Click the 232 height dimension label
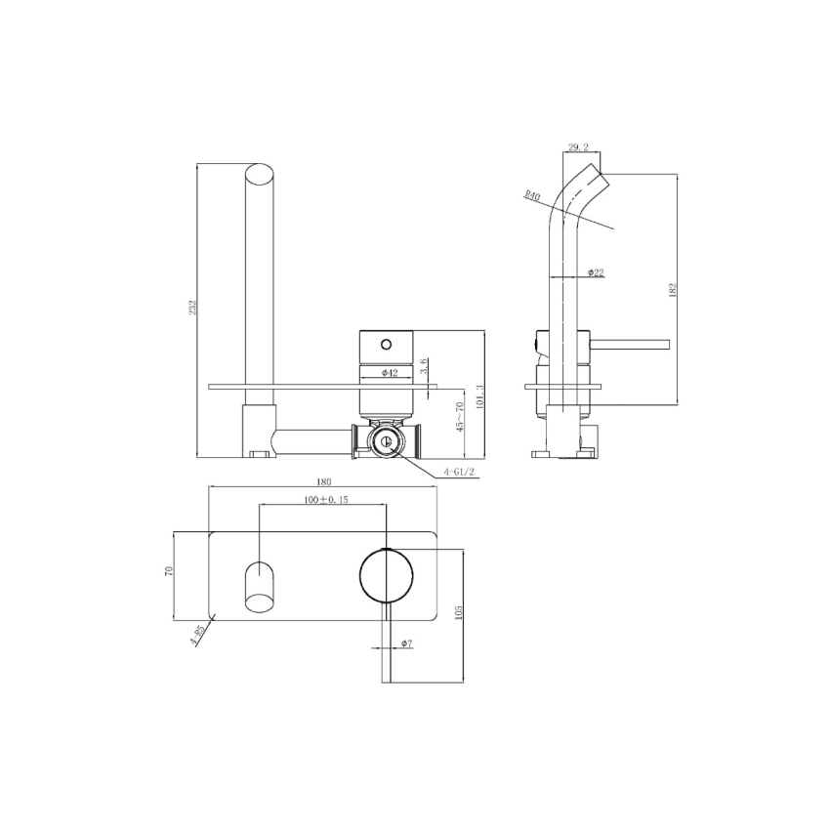coord(194,308)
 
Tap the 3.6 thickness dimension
coord(424,367)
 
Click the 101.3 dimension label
coord(477,395)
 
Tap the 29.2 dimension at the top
coord(577,147)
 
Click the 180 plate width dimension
coord(324,482)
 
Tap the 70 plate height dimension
coord(168,574)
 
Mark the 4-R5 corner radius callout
coord(198,637)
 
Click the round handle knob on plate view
coord(387,574)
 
